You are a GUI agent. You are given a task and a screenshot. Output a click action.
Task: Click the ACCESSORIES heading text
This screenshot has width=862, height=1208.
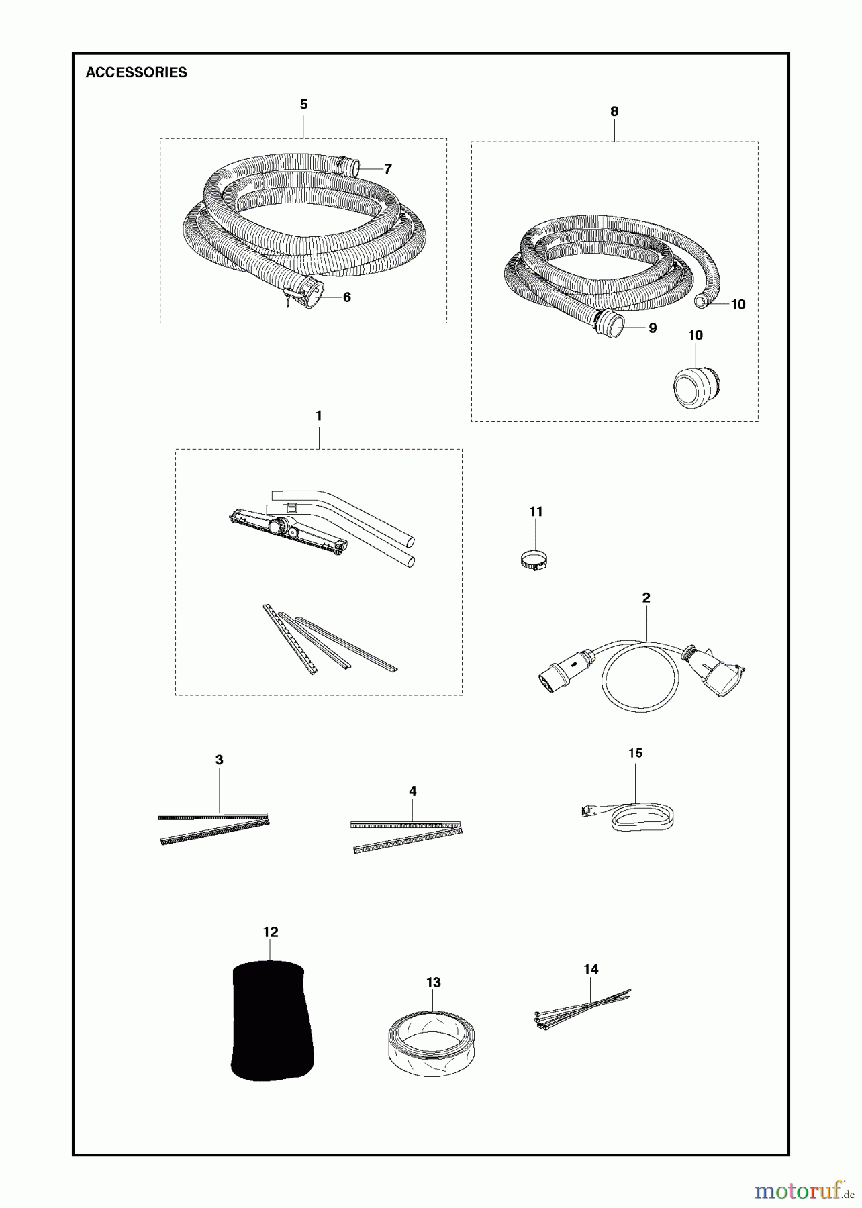click(x=136, y=72)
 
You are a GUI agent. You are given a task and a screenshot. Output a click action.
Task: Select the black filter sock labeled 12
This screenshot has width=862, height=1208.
click(x=271, y=1021)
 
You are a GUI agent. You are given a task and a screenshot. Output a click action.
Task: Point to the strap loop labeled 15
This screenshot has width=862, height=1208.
click(x=641, y=817)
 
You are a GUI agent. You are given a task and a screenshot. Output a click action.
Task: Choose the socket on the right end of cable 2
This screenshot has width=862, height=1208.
click(x=717, y=672)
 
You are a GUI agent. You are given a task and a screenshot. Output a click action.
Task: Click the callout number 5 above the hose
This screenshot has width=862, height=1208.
click(x=303, y=105)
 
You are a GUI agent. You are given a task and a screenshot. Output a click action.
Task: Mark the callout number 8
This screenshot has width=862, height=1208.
click(x=614, y=111)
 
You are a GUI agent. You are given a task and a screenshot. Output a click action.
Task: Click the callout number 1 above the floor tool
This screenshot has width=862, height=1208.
click(x=319, y=416)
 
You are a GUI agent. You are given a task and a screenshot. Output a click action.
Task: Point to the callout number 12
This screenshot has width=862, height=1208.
click(x=270, y=932)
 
